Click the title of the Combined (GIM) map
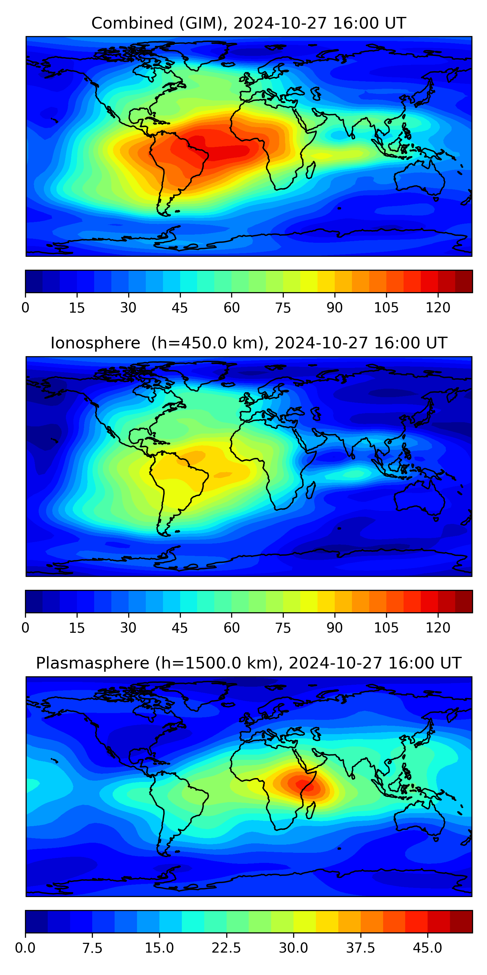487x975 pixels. [248, 23]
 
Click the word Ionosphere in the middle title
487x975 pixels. [95, 343]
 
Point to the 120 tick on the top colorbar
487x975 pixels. [438, 307]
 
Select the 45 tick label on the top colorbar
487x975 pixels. [180, 308]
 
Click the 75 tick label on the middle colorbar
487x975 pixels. [283, 628]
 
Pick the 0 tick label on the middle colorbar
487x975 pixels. [25, 628]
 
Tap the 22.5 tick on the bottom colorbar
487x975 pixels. [226, 948]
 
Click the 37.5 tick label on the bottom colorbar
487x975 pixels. [360, 948]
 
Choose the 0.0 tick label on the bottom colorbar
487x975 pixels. [25, 948]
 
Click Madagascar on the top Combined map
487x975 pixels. [310, 171]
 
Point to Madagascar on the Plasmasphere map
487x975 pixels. [310, 811]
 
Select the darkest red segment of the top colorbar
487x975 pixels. [464, 281]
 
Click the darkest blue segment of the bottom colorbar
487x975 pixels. [36, 922]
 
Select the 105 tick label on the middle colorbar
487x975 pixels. [386, 628]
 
